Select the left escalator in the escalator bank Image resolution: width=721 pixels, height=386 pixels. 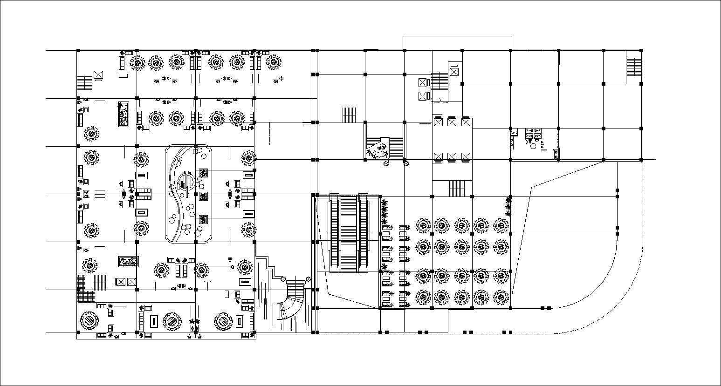[x=334, y=233]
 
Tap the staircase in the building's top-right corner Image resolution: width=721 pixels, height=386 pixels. [x=633, y=66]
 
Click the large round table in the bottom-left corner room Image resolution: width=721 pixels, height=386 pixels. [x=89, y=321]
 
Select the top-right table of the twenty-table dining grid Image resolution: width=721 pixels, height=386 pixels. [x=501, y=226]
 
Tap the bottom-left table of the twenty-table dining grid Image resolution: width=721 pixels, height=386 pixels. [x=423, y=297]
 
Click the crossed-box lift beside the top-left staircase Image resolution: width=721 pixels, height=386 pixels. [x=98, y=74]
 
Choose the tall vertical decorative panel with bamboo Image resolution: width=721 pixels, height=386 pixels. [x=123, y=114]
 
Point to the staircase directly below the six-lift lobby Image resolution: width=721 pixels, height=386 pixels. [x=457, y=189]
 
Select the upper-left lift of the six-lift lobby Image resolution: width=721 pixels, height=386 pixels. [x=438, y=122]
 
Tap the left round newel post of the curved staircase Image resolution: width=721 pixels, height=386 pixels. [x=283, y=278]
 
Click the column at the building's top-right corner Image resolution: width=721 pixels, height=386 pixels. [x=642, y=50]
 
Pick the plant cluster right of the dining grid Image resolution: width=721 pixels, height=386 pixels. [x=508, y=206]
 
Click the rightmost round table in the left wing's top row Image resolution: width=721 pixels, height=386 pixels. [x=274, y=62]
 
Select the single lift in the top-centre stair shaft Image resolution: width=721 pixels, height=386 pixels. [x=454, y=72]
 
